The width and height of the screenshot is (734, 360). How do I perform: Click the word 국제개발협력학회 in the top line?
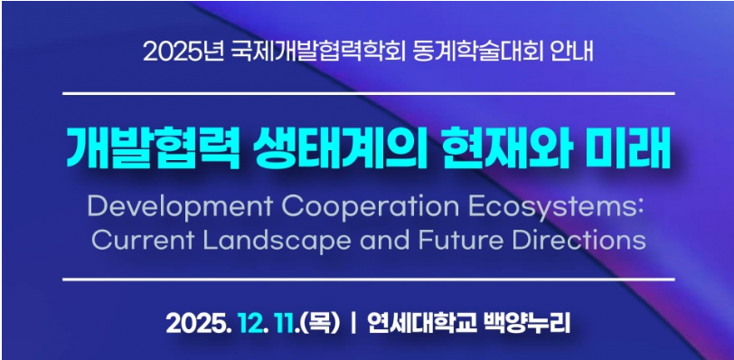coord(319,51)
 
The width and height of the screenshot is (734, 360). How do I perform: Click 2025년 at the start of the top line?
coord(183,52)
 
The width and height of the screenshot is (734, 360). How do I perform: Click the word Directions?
coord(579,241)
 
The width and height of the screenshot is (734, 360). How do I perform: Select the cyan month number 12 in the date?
coord(250,324)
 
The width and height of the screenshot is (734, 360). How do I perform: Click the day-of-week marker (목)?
coord(321,324)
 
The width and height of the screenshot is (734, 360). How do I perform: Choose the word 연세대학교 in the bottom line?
coord(418,324)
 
